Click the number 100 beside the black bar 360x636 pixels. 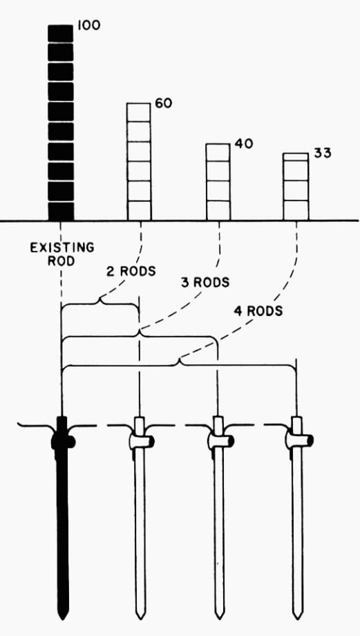point(88,25)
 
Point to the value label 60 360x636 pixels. point(163,104)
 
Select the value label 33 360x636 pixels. point(322,153)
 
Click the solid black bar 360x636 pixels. point(61,122)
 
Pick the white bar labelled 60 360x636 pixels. point(139,162)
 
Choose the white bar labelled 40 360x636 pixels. point(218,182)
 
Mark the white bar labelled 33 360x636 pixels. point(296,187)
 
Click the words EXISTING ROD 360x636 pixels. point(62,254)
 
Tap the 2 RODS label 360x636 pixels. point(131,272)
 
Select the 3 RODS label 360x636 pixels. point(205,281)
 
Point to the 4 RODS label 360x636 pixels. point(258,311)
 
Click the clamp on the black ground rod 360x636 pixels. point(63,441)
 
